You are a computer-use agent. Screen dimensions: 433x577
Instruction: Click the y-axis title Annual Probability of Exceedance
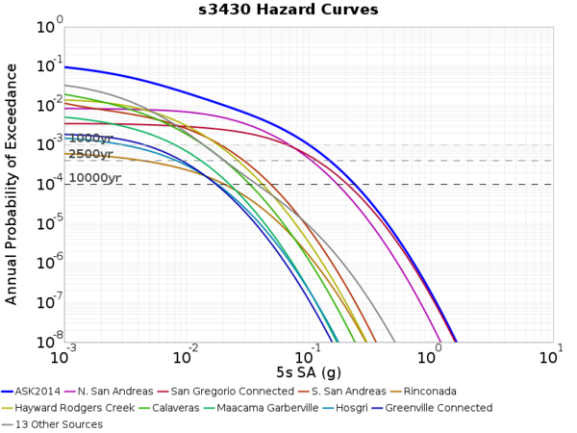pos(12,184)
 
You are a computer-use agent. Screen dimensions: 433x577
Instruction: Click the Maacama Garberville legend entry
pos(275,408)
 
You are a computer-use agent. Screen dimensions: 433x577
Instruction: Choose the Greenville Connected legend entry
pos(446,408)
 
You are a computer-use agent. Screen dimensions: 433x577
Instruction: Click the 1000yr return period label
pos(91,139)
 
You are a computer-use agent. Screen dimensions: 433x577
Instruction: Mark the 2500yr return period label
pos(91,154)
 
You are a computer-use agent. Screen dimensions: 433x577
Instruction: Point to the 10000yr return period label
pos(95,178)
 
